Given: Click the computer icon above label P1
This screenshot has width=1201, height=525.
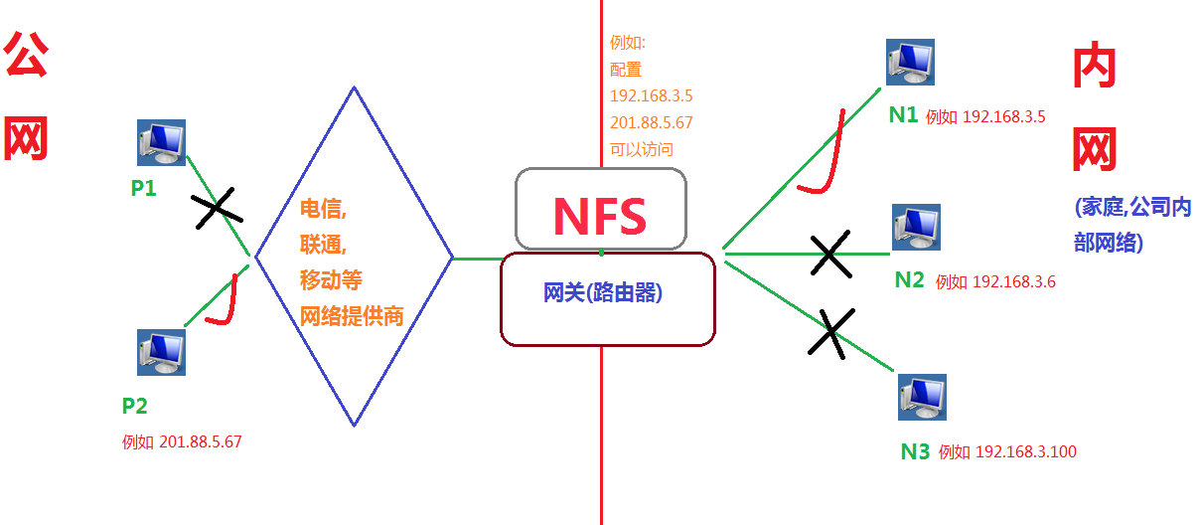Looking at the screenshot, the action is pyautogui.click(x=161, y=142).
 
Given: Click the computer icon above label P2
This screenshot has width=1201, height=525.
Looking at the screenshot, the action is pyautogui.click(x=161, y=352).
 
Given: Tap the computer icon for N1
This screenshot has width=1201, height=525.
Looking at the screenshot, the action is pyautogui.click(x=910, y=62).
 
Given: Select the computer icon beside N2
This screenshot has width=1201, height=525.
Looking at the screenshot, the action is pyautogui.click(x=916, y=227).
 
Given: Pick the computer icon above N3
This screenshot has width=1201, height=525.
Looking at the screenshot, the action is pyautogui.click(x=922, y=398).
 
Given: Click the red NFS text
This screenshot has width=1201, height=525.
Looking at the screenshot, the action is pyautogui.click(x=600, y=217).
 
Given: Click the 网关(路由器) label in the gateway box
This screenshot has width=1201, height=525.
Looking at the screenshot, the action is pyautogui.click(x=603, y=292).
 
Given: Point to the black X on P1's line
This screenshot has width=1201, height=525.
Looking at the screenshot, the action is pyautogui.click(x=218, y=208).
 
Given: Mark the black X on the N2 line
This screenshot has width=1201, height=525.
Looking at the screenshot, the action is pyautogui.click(x=830, y=254).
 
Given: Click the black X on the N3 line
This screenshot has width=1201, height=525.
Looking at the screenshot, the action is pyautogui.click(x=831, y=333).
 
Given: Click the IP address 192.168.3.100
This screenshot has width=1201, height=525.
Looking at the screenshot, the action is pyautogui.click(x=1026, y=451).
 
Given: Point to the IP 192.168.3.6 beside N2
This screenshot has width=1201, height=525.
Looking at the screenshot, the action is pyautogui.click(x=1014, y=281).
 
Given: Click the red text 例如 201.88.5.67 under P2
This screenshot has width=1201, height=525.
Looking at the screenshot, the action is pyautogui.click(x=182, y=441).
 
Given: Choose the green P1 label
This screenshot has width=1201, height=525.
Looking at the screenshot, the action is pyautogui.click(x=144, y=188).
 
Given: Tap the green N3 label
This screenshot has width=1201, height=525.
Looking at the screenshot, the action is pyautogui.click(x=915, y=452).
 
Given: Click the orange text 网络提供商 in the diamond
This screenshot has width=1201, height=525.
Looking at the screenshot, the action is pyautogui.click(x=352, y=316).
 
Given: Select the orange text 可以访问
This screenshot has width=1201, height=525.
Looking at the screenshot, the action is pyautogui.click(x=642, y=149).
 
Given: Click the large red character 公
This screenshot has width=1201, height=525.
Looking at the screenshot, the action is pyautogui.click(x=26, y=54).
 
